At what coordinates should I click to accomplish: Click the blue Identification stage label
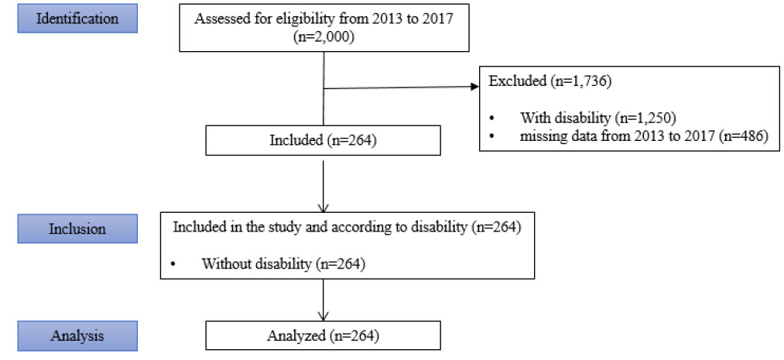77,19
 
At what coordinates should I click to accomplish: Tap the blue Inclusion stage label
77,229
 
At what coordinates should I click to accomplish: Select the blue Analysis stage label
77,335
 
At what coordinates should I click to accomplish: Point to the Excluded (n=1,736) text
548,81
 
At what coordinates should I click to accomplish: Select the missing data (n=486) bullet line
643,135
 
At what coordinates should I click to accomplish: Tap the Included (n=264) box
323,141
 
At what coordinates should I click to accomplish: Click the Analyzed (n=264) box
323,335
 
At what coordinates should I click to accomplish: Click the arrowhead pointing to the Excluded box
474,87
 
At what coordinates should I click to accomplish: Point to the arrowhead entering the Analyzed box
324,316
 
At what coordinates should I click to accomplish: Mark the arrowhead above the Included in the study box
324,207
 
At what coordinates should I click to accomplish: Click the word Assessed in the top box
215,19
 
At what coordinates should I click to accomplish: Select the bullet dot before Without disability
173,263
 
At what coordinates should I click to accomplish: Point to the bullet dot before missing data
492,136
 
